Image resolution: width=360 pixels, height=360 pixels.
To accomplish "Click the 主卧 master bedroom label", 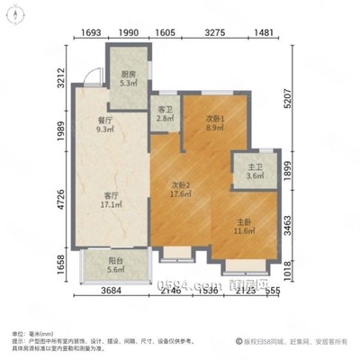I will coord(241,226).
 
